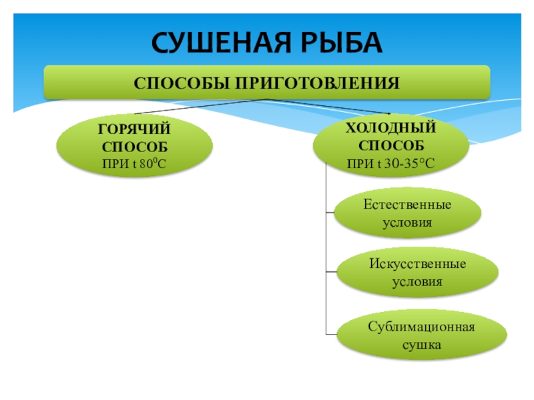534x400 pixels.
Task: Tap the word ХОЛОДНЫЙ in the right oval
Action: tap(391, 127)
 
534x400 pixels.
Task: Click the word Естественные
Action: tap(407, 203)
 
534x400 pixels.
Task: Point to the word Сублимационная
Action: tap(421, 327)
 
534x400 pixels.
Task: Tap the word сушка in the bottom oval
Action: tap(421, 345)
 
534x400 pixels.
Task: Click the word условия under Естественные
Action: tap(407, 222)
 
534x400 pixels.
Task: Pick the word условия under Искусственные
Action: tap(417, 281)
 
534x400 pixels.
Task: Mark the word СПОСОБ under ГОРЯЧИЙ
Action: tap(134, 145)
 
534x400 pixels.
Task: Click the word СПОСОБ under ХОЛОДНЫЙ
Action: tap(391, 144)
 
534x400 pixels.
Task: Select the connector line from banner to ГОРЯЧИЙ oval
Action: tap(200, 106)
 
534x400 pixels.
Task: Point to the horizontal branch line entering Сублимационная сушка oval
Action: tap(332, 333)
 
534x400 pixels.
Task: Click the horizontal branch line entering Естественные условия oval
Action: tap(330, 213)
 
